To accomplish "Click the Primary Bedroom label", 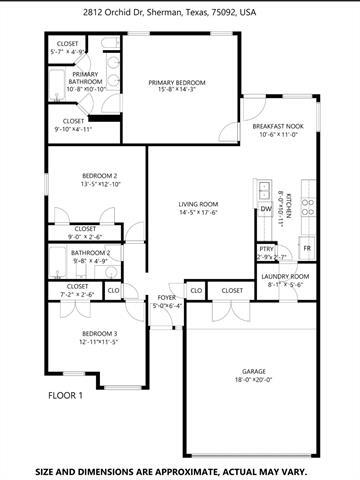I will click(177, 82).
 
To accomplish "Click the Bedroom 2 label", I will click(100, 176).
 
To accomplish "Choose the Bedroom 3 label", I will click(100, 333).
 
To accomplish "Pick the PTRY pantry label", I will click(266, 249).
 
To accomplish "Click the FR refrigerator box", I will click(307, 247).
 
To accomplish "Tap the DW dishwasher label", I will click(265, 209).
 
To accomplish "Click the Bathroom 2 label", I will click(90, 253).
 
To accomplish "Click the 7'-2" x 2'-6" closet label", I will click(78, 295).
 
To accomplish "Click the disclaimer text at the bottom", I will click(180, 469).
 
